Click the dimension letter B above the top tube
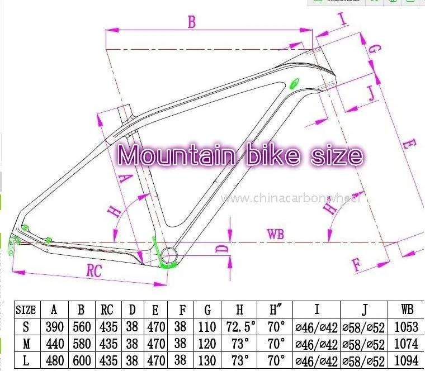point(192,22)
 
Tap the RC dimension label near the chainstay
point(94,270)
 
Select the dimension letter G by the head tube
point(376,49)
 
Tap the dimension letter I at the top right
point(343,20)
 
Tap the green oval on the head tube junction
point(294,84)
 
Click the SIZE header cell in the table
point(26,310)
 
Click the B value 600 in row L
point(82,360)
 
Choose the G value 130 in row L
point(207,360)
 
